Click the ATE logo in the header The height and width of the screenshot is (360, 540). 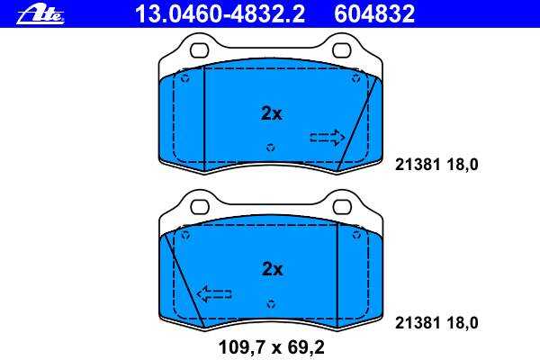pyautogui.click(x=40, y=15)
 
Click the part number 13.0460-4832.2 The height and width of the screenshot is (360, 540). pyautogui.click(x=220, y=14)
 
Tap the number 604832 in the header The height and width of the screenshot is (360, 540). pyautogui.click(x=374, y=14)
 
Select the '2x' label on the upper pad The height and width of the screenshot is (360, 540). pyautogui.click(x=272, y=113)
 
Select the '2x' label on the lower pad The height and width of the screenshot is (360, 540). pyautogui.click(x=272, y=269)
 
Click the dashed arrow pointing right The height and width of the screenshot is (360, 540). pyautogui.click(x=328, y=138)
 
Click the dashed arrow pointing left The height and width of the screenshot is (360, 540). pyautogui.click(x=214, y=294)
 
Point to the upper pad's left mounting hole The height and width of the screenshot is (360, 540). pyautogui.click(x=200, y=50)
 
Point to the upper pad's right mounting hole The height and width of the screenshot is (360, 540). pyautogui.click(x=342, y=50)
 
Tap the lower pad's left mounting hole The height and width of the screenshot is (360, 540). pyautogui.click(x=200, y=207)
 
